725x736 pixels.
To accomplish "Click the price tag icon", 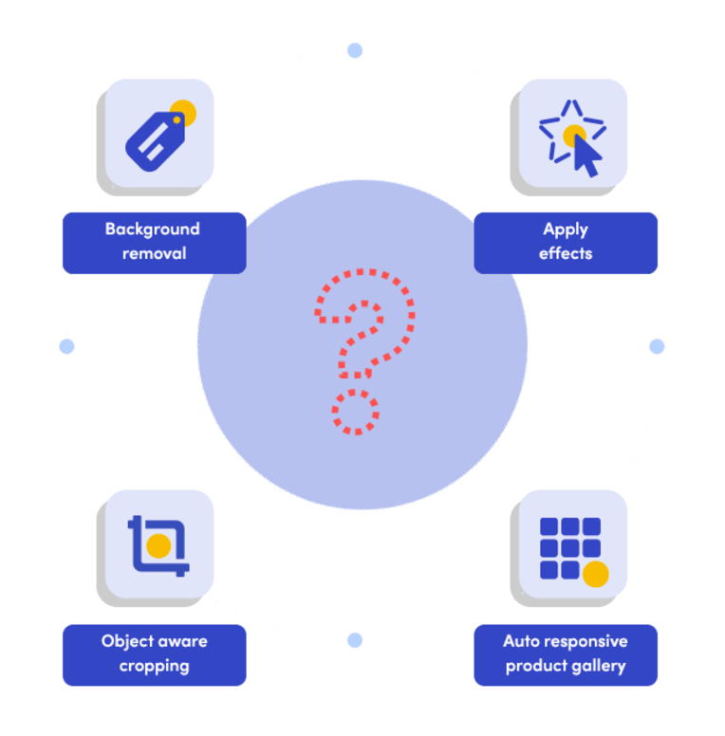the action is point(156,140).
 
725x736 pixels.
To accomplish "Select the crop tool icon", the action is point(158,546).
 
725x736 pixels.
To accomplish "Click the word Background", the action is point(152,230).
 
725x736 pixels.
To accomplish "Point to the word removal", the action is point(154,253).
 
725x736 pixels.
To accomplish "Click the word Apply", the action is point(566,230).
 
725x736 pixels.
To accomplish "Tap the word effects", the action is point(566,253).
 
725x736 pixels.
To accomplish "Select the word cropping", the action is point(154,667).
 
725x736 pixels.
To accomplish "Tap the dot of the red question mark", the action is point(356,412).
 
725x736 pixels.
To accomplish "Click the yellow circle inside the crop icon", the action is point(158,545).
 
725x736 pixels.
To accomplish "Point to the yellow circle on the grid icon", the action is point(596,574).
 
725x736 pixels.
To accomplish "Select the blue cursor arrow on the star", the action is point(586,156).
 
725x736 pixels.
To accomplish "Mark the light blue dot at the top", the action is point(355,50).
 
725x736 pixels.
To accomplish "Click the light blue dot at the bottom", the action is point(355,640).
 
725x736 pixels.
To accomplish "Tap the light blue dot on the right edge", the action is point(657,346).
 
